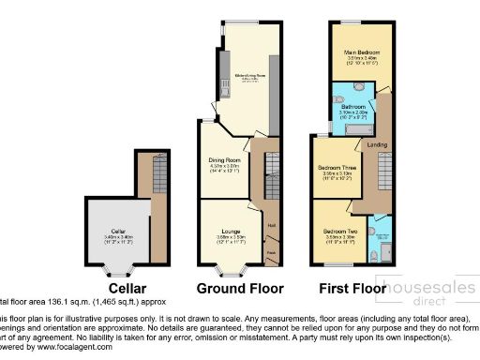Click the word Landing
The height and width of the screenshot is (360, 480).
[378, 145]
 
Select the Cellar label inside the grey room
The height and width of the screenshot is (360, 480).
[118, 231]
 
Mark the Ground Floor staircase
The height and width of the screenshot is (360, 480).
[271, 178]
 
